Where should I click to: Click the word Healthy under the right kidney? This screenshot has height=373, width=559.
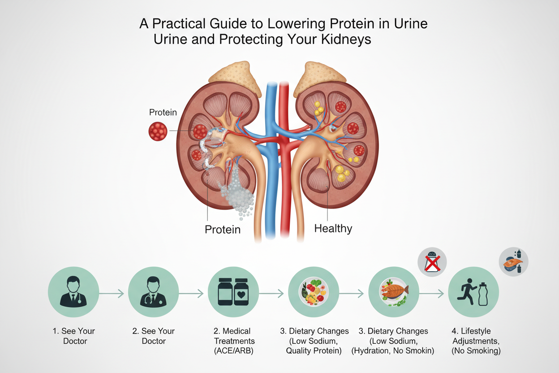[333, 228]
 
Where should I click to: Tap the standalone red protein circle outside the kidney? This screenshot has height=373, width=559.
[158, 132]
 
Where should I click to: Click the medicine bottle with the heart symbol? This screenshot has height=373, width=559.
[242, 292]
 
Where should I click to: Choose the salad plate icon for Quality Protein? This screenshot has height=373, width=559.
[314, 293]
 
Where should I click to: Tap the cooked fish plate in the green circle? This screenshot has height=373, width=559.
[393, 293]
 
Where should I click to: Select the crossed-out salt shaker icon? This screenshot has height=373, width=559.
[432, 261]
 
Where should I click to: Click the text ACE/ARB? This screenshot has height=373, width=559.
[233, 351]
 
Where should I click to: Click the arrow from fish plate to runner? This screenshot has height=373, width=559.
[432, 294]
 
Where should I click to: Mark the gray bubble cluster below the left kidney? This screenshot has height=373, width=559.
[236, 197]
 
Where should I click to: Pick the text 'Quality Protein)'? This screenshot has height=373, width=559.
[314, 351]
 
